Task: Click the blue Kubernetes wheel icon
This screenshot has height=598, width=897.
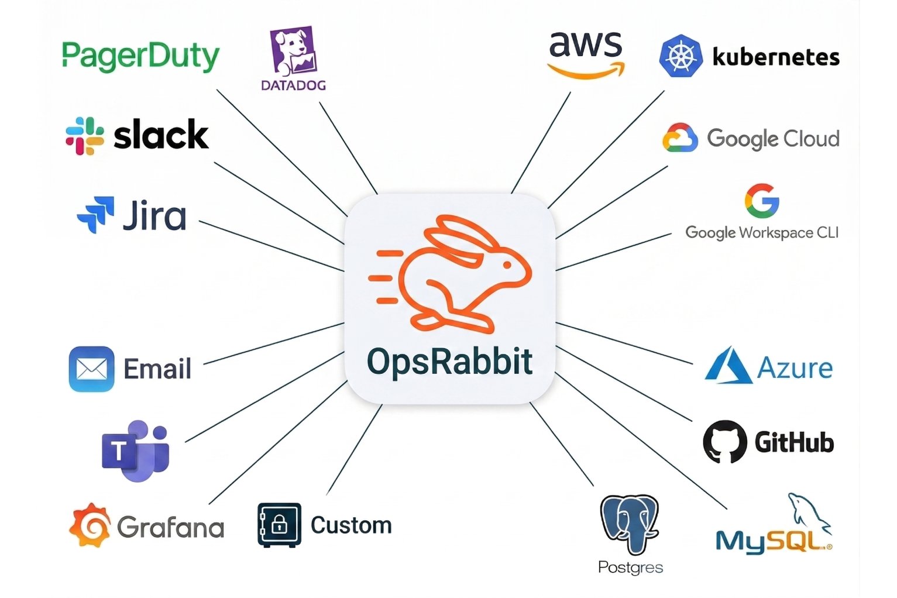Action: tap(680, 56)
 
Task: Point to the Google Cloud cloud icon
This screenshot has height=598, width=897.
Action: tap(680, 138)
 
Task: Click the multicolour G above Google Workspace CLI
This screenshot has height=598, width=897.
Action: tap(761, 201)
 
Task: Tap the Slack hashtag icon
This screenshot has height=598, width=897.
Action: tap(85, 136)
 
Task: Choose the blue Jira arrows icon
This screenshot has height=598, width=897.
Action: tap(95, 215)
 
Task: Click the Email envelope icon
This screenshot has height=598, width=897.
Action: tap(91, 369)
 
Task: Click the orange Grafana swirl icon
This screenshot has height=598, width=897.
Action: tap(90, 525)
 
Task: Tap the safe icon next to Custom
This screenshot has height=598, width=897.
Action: tap(279, 524)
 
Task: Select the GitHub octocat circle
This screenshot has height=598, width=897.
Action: tap(724, 442)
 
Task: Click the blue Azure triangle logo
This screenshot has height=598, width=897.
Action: tap(727, 367)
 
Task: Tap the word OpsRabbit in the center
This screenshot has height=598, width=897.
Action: tap(449, 361)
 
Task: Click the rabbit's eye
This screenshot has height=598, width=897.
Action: tap(507, 264)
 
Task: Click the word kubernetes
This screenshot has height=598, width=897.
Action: tap(776, 57)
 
